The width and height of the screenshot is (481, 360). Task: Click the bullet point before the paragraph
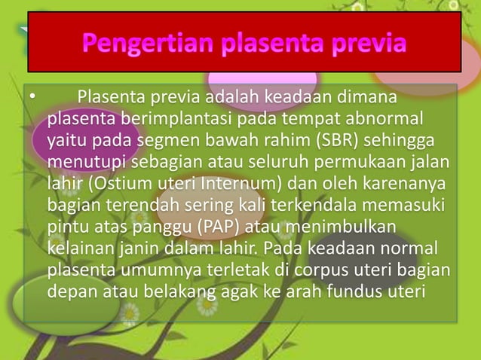pos(32,99)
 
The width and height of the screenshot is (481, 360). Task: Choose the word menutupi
pos(82,163)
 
